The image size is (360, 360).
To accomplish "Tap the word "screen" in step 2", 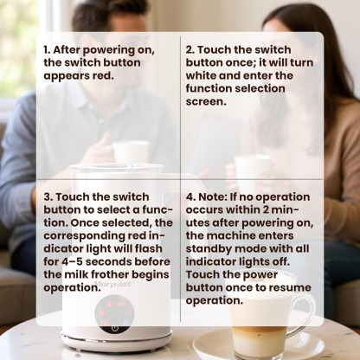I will tap(209, 101).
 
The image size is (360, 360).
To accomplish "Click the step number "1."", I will tap(48, 49).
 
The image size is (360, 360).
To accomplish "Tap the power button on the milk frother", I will tap(114, 328).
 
